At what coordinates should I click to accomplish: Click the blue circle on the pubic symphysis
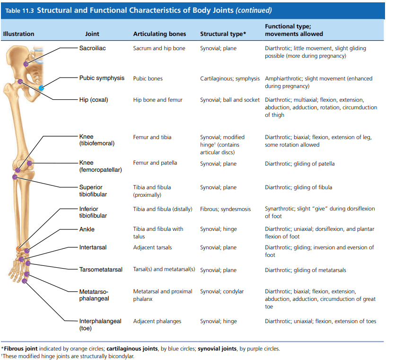42,88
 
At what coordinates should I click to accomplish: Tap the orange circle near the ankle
18,249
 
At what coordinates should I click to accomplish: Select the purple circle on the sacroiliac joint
26,64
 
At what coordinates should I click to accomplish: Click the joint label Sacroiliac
93,48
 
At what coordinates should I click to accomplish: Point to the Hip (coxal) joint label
94,100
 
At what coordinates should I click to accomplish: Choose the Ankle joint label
87,229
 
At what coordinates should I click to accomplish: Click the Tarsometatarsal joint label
101,270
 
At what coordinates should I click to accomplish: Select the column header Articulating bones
159,34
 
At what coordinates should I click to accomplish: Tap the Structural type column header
223,34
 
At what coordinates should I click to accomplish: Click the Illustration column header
18,34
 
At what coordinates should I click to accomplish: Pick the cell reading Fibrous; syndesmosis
226,209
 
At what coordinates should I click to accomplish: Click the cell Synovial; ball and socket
230,100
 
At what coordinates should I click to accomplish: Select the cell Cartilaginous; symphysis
230,79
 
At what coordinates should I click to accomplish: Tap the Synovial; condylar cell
222,291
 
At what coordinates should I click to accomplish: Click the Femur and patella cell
155,163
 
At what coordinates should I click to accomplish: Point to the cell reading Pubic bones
148,79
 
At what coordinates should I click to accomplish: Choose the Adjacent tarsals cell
152,247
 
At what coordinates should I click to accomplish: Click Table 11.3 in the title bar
19,10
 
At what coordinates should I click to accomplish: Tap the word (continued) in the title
254,10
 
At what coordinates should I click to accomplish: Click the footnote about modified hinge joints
68,356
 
